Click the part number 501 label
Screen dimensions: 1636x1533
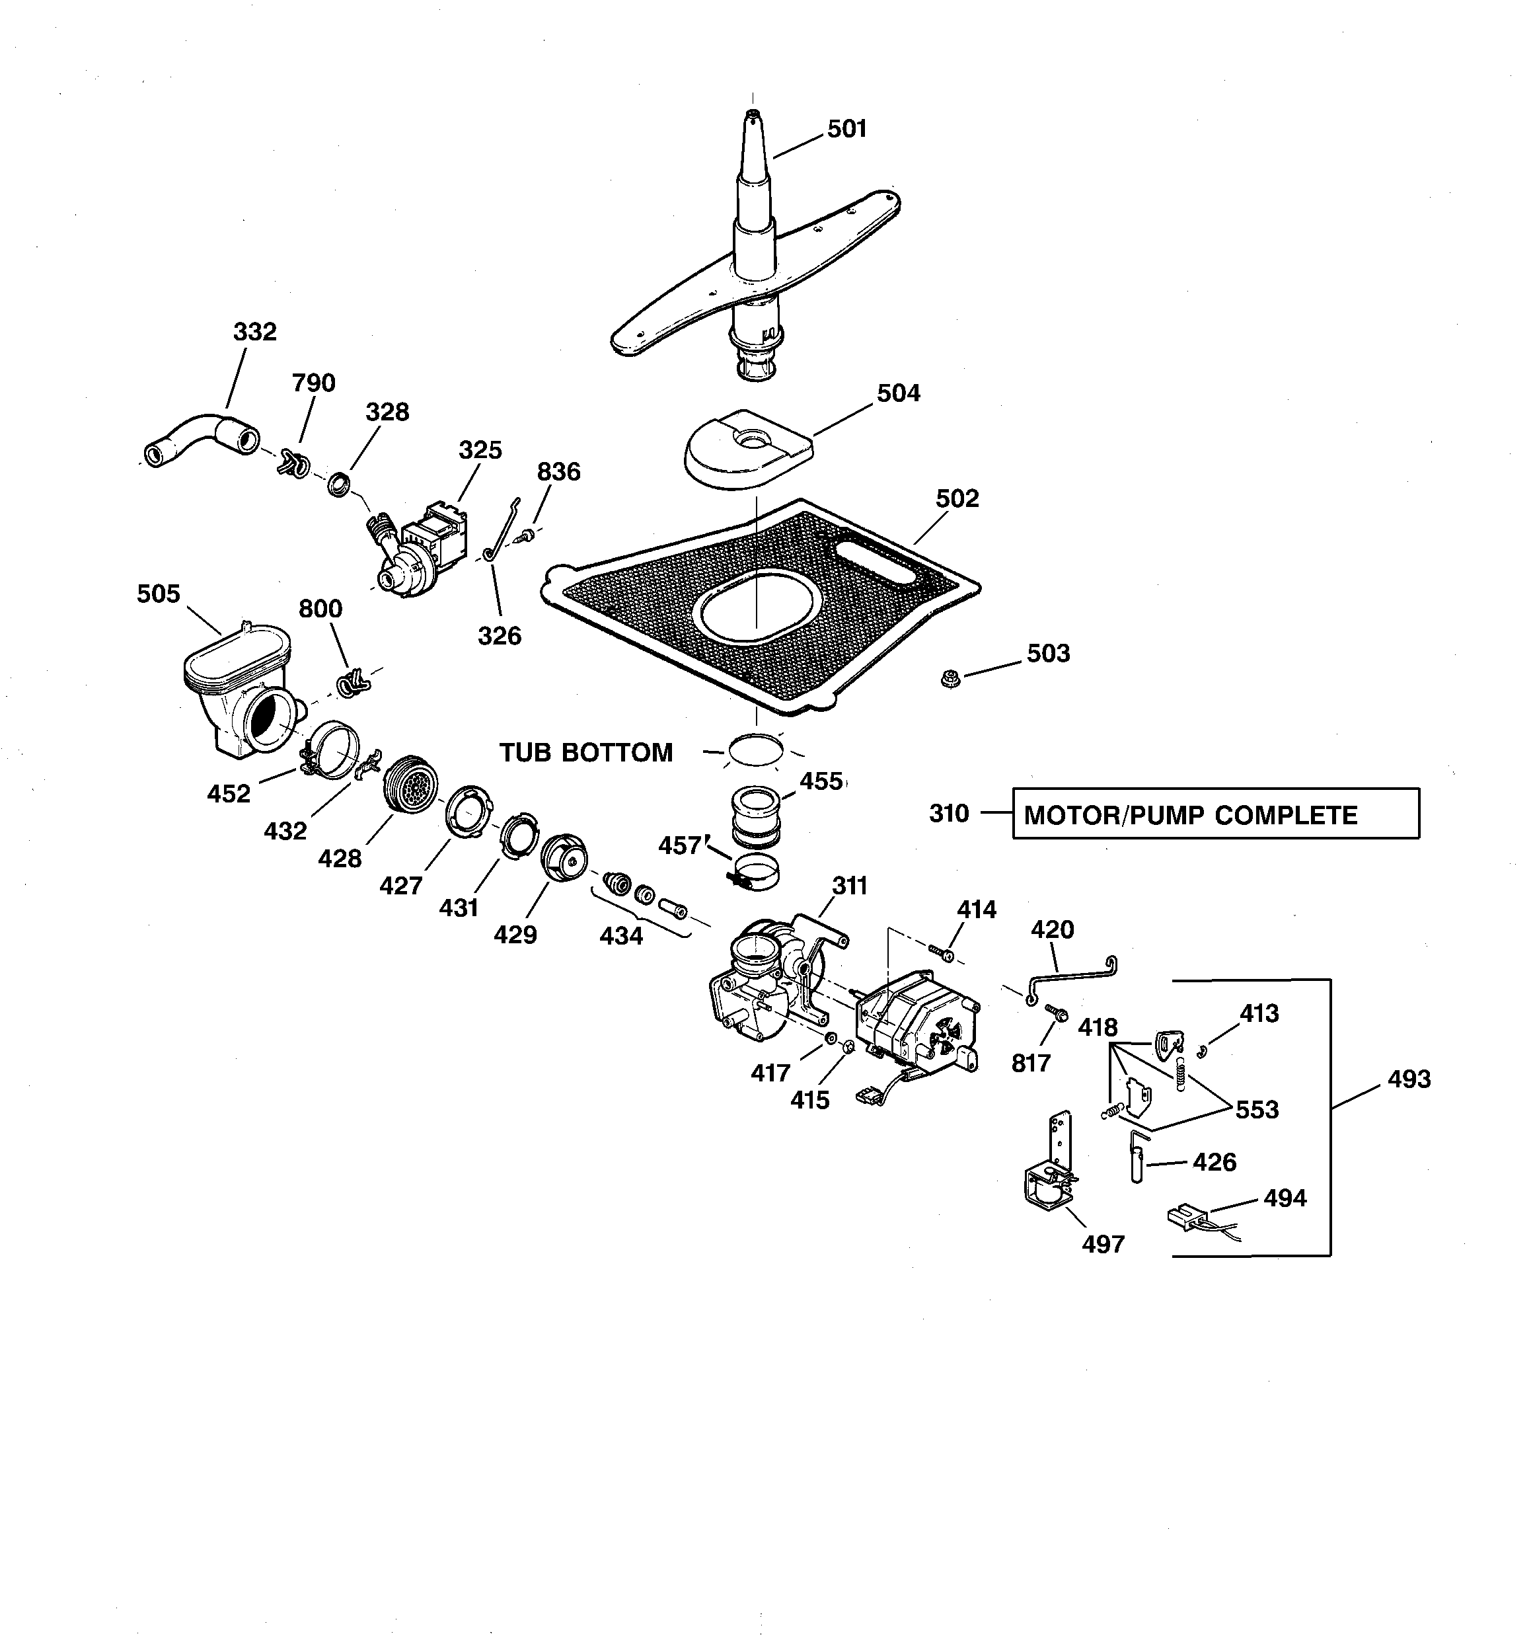pyautogui.click(x=846, y=129)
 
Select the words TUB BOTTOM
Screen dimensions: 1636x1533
pyautogui.click(x=586, y=752)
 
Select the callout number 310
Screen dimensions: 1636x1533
pyautogui.click(x=949, y=813)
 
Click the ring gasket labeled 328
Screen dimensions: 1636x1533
pyautogui.click(x=340, y=484)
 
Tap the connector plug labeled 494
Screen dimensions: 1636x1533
pyautogui.click(x=1185, y=1216)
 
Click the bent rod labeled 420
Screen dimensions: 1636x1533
pyautogui.click(x=1070, y=977)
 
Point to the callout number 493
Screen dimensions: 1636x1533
pyautogui.click(x=1409, y=1079)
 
